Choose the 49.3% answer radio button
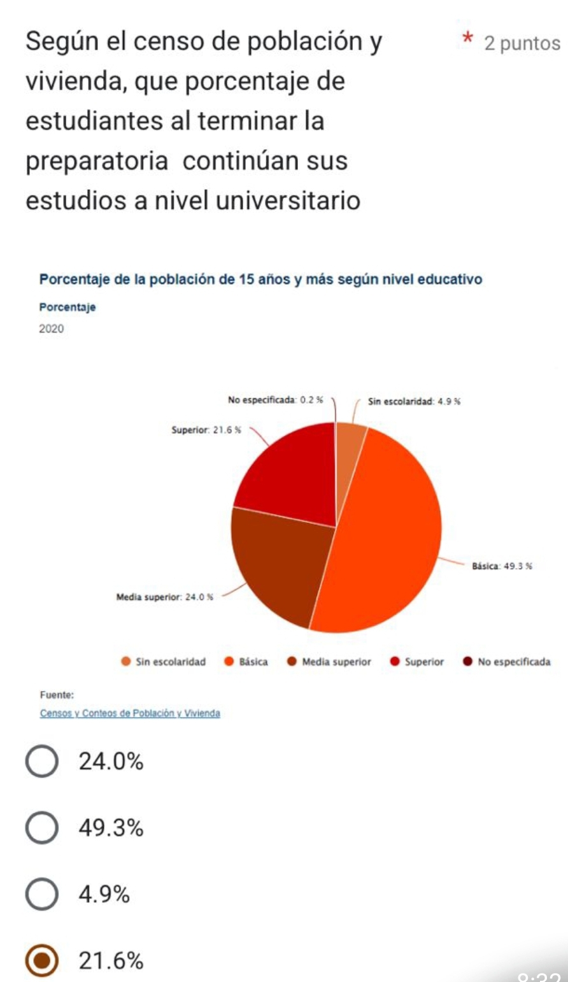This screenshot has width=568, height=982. tap(42, 829)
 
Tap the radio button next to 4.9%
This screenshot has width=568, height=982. tap(42, 895)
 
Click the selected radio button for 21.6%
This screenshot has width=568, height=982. tap(42, 961)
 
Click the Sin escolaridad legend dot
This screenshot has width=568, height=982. tap(126, 662)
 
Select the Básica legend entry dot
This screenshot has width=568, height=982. tap(229, 662)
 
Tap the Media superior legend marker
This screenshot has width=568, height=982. tap(292, 662)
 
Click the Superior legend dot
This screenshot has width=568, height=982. tap(395, 662)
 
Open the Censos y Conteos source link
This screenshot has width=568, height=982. tap(130, 713)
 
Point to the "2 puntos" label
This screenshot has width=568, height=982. tap(522, 43)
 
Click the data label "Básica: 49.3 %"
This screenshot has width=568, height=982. tap(502, 566)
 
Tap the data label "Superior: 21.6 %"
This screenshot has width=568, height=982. tap(206, 431)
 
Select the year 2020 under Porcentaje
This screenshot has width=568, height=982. tap(52, 329)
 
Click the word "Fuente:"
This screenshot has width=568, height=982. tap(57, 695)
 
